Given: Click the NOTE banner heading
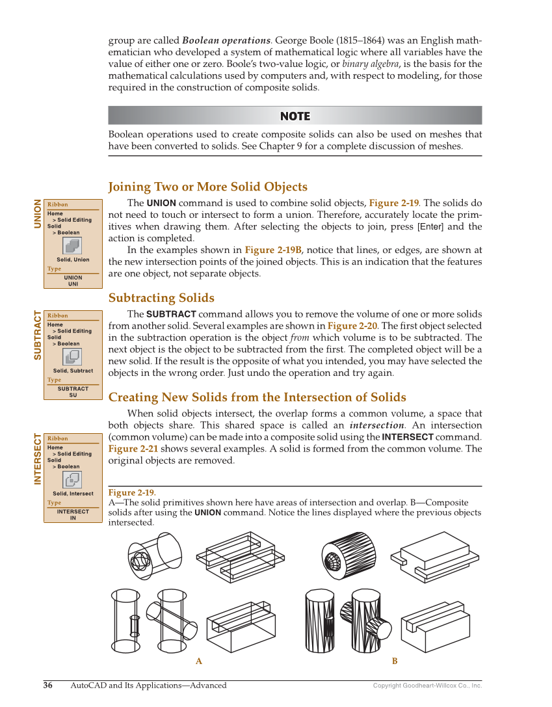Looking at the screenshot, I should tap(295, 116).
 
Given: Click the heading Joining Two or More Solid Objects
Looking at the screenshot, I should tap(207, 187).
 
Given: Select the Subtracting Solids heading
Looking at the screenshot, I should tap(161, 298).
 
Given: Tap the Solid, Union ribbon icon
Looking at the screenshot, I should tap(72, 245).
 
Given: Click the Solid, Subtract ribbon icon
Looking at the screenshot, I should tap(72, 356).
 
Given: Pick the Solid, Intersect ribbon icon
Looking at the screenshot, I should tap(72, 479).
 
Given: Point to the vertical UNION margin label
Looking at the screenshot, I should tap(38, 214).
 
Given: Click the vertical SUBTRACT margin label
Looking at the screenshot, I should tap(38, 336).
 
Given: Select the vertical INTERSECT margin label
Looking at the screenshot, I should tap(38, 459).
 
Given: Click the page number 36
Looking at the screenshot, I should tap(48, 685).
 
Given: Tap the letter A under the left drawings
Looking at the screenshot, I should tap(199, 661).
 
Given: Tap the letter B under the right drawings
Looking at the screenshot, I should tap(394, 661).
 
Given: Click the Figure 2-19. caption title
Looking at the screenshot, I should tap(132, 492).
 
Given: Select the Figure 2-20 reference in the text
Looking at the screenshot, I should tap(352, 326).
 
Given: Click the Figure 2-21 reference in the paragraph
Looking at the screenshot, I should tap(133, 449).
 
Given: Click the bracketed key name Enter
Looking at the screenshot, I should tap(430, 227).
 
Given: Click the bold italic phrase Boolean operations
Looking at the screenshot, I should tap(226, 40).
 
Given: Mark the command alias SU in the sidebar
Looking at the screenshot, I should tap(73, 395).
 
